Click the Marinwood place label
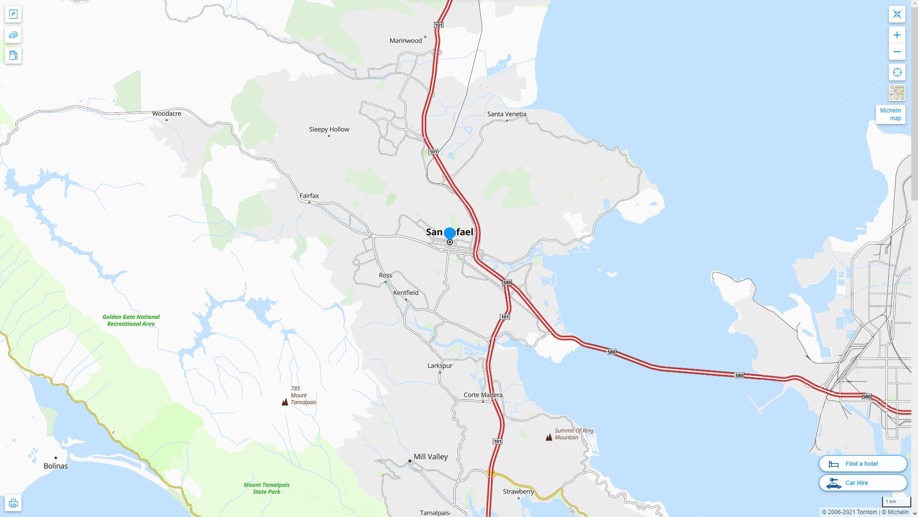406,41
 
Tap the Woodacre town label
167,113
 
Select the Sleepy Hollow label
329,129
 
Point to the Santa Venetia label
507,114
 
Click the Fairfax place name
309,196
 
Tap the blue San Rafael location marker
450,233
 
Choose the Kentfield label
406,292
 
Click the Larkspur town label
440,366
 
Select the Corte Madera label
483,395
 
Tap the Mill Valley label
431,457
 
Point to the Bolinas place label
56,466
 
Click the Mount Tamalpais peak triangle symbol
285,402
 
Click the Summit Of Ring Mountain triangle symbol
549,437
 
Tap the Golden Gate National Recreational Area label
131,320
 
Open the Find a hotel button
862,464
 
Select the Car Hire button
862,483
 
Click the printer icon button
13,503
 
